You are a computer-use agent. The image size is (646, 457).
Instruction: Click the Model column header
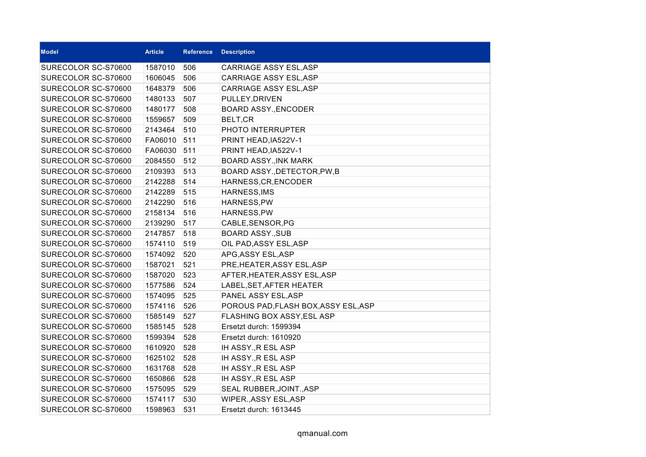point(50,52)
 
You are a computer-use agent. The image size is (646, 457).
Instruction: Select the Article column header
point(154,52)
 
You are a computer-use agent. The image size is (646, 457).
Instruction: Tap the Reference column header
point(198,52)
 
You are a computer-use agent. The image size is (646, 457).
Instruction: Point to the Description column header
point(238,52)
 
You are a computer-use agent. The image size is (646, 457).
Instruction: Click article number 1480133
point(160,99)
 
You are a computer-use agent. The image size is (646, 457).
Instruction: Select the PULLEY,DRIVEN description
point(252,99)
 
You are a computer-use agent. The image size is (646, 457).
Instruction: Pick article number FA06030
point(161,150)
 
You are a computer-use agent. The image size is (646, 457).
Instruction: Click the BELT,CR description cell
point(238,119)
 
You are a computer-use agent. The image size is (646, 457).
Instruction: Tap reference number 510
point(190,130)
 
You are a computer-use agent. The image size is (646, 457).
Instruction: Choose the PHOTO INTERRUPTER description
point(263,130)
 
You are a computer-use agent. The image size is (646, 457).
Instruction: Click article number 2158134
point(160,213)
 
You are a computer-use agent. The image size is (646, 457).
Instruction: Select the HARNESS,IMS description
point(247,192)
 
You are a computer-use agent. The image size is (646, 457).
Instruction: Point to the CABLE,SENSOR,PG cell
point(258,223)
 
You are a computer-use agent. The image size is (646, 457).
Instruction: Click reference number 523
point(190,275)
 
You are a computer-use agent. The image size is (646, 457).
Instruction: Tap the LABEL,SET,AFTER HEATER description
point(272,285)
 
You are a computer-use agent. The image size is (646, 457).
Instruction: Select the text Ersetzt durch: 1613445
point(261,409)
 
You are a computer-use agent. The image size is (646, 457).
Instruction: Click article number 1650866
point(160,378)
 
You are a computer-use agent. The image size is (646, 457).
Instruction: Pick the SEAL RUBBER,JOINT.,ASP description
point(270,389)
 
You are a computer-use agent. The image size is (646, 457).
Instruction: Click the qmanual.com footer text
point(322,433)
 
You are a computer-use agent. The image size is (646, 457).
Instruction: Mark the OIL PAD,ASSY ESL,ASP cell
point(265,244)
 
